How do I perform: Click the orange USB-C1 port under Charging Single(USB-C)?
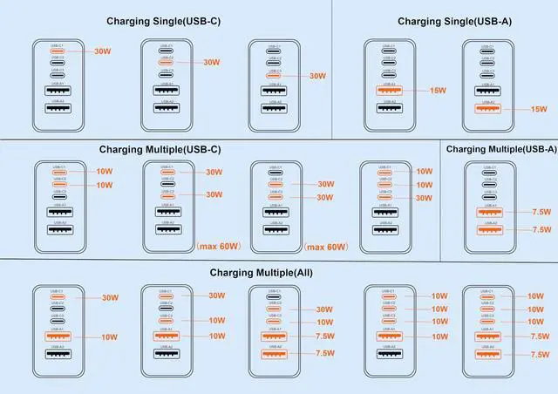pyautogui.click(x=58, y=51)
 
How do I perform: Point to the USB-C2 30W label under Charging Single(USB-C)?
pyautogui.click(x=211, y=63)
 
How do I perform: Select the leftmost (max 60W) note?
pyautogui.click(x=216, y=247)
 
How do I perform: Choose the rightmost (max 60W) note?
pyautogui.click(x=324, y=247)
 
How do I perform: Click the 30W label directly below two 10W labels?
pyautogui.click(x=424, y=198)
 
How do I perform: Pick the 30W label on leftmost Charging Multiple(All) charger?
pyautogui.click(x=110, y=298)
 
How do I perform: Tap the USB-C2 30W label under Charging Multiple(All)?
pyautogui.click(x=323, y=309)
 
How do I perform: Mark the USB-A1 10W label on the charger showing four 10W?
pyautogui.click(x=439, y=336)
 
